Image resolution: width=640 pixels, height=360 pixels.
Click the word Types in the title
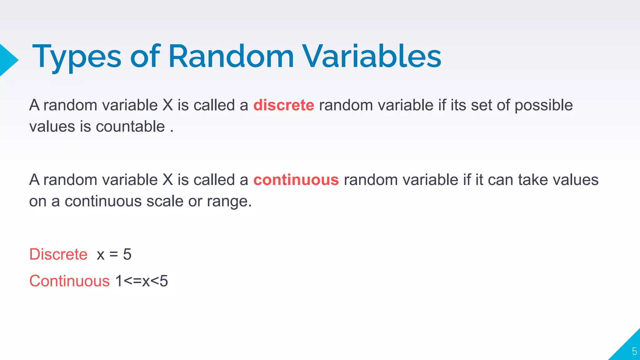(77, 57)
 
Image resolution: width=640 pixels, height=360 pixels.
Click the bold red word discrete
(283, 105)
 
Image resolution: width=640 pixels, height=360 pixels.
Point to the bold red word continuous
(296, 180)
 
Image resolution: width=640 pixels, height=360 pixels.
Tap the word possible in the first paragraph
(543, 106)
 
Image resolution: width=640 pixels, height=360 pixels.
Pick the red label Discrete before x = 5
(58, 254)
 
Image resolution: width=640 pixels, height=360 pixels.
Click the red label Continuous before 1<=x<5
(69, 281)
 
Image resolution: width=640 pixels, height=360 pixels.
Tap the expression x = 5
(114, 254)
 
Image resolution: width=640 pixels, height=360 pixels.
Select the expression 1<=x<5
(142, 281)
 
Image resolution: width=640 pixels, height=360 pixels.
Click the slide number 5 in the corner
(634, 351)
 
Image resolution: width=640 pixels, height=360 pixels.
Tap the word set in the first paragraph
(481, 105)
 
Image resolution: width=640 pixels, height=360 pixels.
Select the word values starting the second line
(52, 127)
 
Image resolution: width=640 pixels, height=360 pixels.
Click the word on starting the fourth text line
(37, 201)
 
